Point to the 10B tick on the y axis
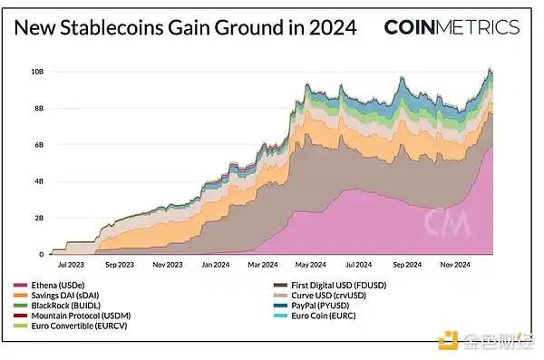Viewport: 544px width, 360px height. pos(38,72)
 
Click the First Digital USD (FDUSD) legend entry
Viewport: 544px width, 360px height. pos(329,287)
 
